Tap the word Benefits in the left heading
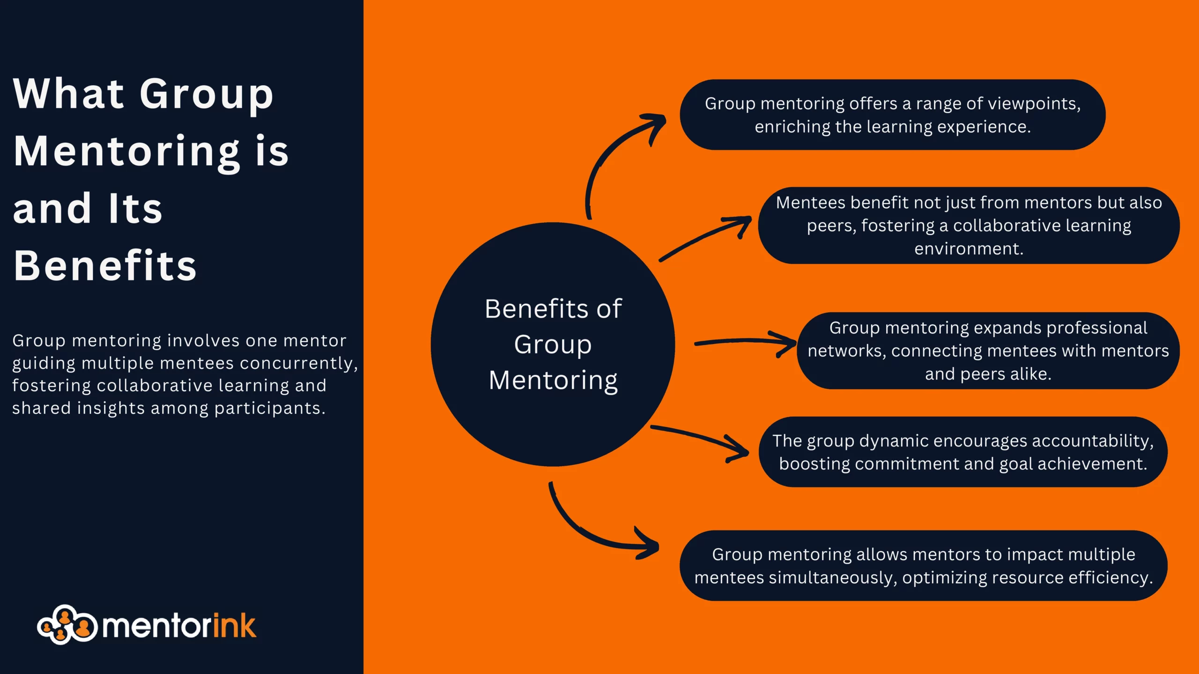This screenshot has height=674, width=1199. click(105, 266)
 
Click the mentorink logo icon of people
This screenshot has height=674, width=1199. click(67, 625)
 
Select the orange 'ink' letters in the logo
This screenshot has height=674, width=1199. click(234, 626)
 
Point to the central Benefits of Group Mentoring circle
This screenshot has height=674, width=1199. click(553, 344)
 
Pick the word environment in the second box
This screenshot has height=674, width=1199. click(969, 249)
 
